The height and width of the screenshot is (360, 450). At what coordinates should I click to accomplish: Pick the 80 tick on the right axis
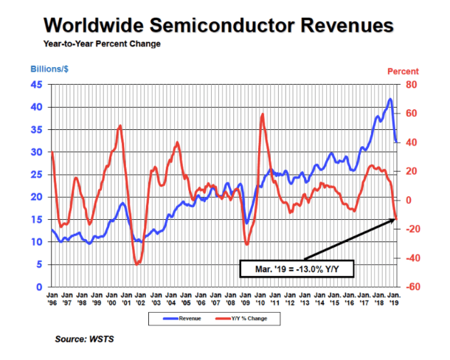coord(411,84)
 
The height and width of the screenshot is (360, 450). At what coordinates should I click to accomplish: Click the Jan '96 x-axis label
coord(52,297)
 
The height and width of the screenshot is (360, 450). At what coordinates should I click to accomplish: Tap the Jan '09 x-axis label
coord(243,297)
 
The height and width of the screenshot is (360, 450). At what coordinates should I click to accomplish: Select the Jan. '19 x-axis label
coord(392,297)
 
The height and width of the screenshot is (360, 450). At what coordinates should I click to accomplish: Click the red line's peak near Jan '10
coord(263,114)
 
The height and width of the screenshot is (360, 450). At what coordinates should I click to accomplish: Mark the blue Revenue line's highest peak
coord(390,99)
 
